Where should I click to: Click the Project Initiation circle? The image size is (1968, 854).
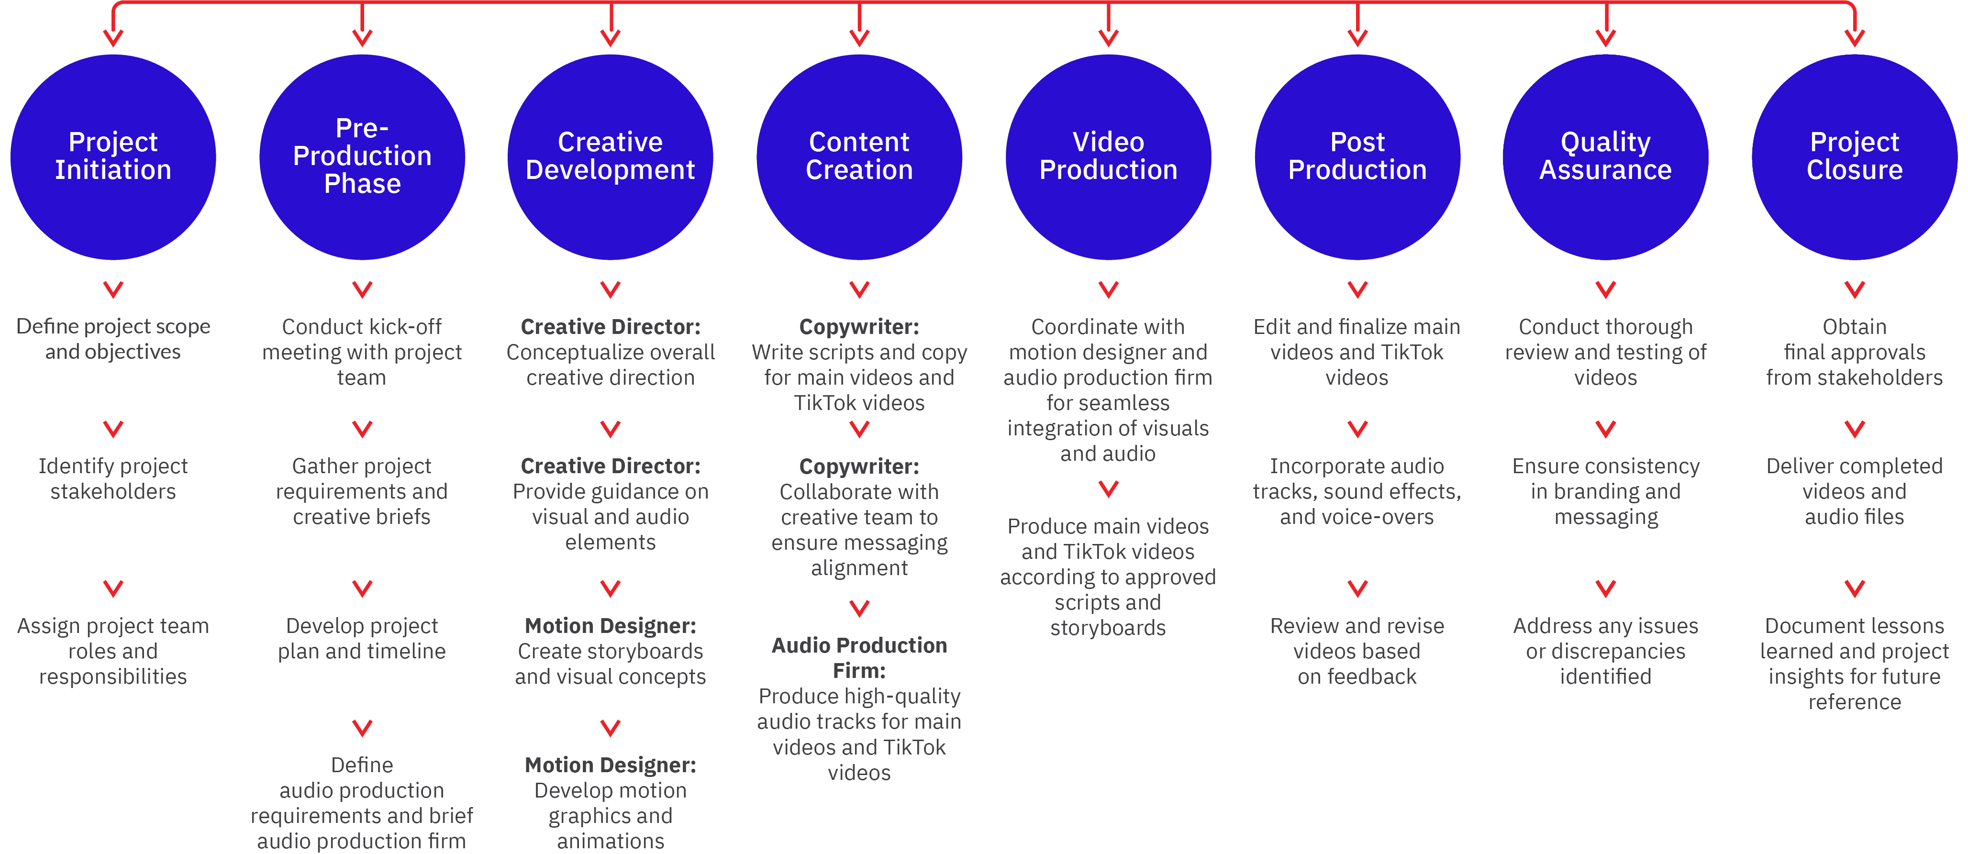click(x=113, y=156)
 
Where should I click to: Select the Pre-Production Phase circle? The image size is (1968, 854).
click(x=362, y=156)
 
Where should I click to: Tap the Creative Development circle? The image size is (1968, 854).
click(x=611, y=156)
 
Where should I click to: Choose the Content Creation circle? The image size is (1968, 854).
click(x=859, y=156)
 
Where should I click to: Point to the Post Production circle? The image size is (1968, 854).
click(x=1357, y=156)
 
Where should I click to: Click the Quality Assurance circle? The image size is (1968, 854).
click(x=1606, y=156)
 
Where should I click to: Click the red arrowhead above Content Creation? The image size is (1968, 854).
click(x=859, y=37)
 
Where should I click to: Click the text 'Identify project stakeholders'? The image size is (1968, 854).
click(x=113, y=479)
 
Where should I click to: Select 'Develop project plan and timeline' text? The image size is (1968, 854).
click(x=362, y=639)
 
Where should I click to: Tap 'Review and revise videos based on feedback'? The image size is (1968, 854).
click(x=1357, y=651)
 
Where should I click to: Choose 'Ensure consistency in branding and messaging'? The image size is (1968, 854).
click(x=1606, y=491)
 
